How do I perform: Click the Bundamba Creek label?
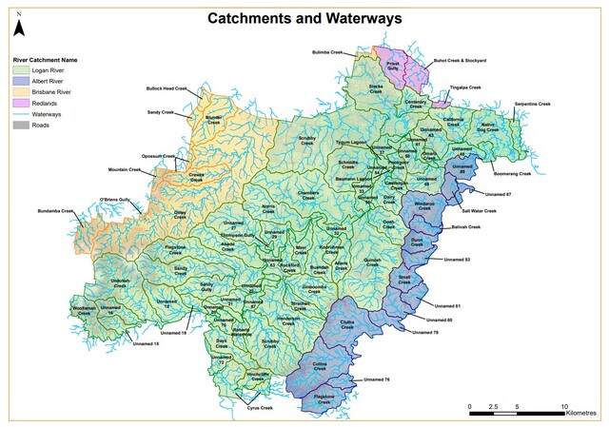pyautogui.click(x=55, y=210)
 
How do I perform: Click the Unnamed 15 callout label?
pyautogui.click(x=146, y=342)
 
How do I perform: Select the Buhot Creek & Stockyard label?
pyautogui.click(x=461, y=60)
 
